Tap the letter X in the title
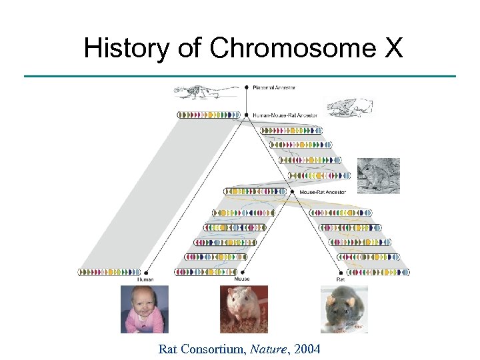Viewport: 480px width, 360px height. (393, 48)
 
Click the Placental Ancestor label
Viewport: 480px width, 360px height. (274, 87)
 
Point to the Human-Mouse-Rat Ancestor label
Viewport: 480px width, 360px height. (285, 115)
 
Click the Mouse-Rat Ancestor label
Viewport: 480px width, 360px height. (323, 192)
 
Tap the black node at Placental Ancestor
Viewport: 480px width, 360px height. (247, 87)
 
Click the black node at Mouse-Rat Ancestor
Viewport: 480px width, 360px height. (293, 192)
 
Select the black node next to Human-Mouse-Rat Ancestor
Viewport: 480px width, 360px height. (247, 115)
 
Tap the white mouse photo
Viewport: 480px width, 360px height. (244, 309)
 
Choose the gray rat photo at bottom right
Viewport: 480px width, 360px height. (344, 309)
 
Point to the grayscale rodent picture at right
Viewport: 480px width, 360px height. (379, 175)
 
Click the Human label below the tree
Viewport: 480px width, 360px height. (145, 279)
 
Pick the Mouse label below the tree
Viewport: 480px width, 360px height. (241, 279)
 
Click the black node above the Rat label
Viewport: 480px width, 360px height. (341, 272)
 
